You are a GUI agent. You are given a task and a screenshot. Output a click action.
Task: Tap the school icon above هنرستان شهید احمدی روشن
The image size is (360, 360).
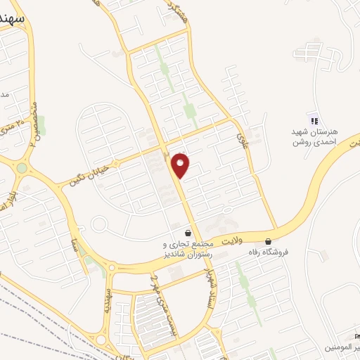pos(314,119)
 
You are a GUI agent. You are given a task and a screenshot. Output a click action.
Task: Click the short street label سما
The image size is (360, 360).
pos(72,245)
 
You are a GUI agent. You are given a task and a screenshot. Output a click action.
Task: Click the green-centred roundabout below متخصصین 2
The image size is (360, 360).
pos(22,168)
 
